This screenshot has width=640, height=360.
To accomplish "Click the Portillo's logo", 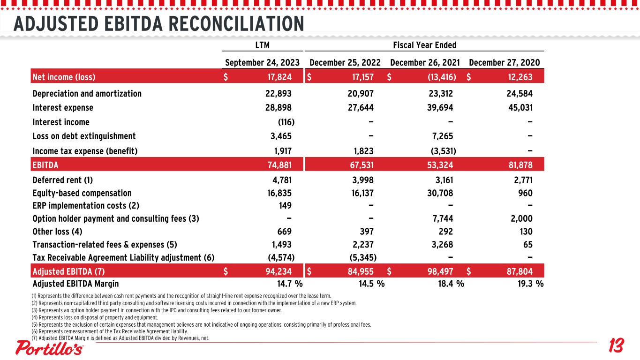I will (x=50, y=348).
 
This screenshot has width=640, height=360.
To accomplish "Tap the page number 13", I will (x=616, y=347).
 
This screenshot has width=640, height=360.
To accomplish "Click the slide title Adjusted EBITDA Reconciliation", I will (x=158, y=23).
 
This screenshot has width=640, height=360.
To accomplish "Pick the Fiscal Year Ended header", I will (x=424, y=45).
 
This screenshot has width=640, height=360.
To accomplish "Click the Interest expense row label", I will (x=63, y=108).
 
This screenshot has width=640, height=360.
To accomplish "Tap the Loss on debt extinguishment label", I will (x=84, y=136).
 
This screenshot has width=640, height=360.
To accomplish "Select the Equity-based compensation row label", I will (x=82, y=193).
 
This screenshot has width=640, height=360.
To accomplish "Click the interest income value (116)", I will (x=286, y=122).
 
